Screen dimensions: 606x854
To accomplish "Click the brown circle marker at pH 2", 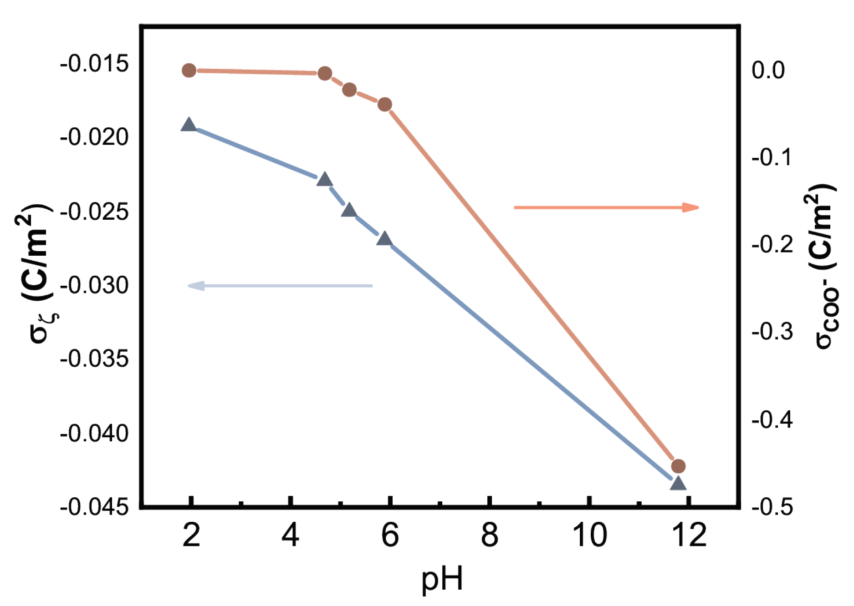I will (189, 71).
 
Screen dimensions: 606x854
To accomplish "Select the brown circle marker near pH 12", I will (678, 466).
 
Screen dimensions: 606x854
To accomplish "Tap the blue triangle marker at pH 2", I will (189, 125).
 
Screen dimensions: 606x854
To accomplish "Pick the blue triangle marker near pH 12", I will (678, 483).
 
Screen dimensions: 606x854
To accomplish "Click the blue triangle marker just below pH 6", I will (384, 238).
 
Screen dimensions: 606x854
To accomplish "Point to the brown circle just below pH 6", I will (384, 104).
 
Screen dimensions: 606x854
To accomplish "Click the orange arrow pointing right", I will (606, 207).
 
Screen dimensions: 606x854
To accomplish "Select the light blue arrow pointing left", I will (280, 286).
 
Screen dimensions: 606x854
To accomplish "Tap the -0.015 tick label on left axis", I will (94, 64).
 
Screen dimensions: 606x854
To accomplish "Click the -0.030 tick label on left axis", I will (94, 286).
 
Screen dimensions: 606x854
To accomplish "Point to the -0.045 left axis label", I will (94, 507).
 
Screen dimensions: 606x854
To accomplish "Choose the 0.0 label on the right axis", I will (768, 70).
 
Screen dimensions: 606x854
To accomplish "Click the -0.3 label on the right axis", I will (772, 332).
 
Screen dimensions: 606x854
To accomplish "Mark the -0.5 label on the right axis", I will (772, 507).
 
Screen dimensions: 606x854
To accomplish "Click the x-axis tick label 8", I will (490, 535).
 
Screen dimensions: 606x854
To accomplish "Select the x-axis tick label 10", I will (589, 535).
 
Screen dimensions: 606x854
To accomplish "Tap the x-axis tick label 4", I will (291, 535).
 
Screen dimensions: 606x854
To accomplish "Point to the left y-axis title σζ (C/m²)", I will (39, 273).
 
